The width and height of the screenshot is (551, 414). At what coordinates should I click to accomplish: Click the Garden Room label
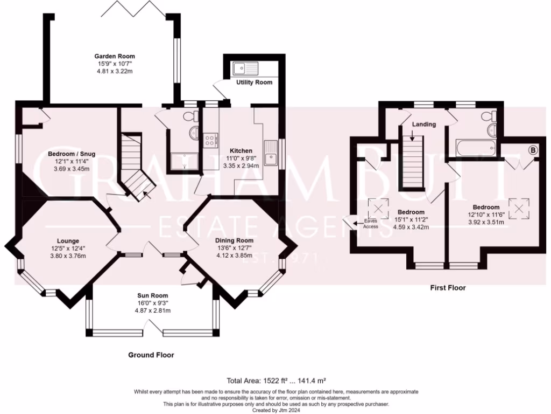point(115,56)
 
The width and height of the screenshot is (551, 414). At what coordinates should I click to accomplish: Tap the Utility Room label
point(254,82)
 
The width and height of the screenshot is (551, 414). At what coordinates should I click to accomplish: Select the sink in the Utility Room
point(245,68)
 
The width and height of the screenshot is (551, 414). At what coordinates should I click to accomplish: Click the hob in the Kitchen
point(210,140)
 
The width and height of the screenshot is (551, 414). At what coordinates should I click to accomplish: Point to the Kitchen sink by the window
point(271,154)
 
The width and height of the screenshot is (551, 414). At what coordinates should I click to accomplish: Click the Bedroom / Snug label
point(72,154)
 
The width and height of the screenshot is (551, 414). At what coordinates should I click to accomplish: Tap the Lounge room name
point(68,241)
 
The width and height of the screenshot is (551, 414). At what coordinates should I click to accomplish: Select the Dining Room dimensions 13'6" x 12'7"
point(235,248)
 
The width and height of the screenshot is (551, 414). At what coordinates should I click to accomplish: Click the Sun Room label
point(152,296)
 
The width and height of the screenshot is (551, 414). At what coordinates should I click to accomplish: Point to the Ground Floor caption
point(151,355)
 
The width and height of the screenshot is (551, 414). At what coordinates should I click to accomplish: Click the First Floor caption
point(448,288)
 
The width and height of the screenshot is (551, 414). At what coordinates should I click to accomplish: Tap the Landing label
point(424,125)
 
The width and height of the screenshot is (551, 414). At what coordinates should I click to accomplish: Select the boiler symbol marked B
point(533,150)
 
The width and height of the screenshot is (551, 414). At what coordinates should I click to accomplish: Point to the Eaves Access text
point(370,224)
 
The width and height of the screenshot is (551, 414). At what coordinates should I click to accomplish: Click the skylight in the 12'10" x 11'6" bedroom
point(519,209)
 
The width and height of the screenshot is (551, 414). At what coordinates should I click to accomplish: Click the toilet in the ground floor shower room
point(193,115)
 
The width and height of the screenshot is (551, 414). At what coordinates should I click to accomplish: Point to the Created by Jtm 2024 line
point(276,410)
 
